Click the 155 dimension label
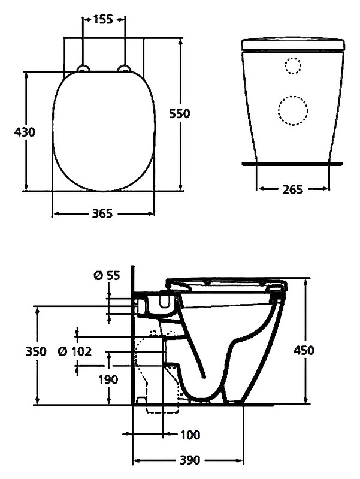tap(103, 19)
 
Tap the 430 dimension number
tap(24, 132)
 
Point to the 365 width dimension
tap(102, 214)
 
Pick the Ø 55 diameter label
tap(107, 275)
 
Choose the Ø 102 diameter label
tap(77, 351)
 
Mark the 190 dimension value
tap(109, 379)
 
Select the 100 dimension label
tap(190, 434)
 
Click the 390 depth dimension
tap(190, 460)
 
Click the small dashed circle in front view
tap(293, 65)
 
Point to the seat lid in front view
tap(293, 44)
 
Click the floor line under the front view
tap(292, 162)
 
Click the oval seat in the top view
tap(103, 132)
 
